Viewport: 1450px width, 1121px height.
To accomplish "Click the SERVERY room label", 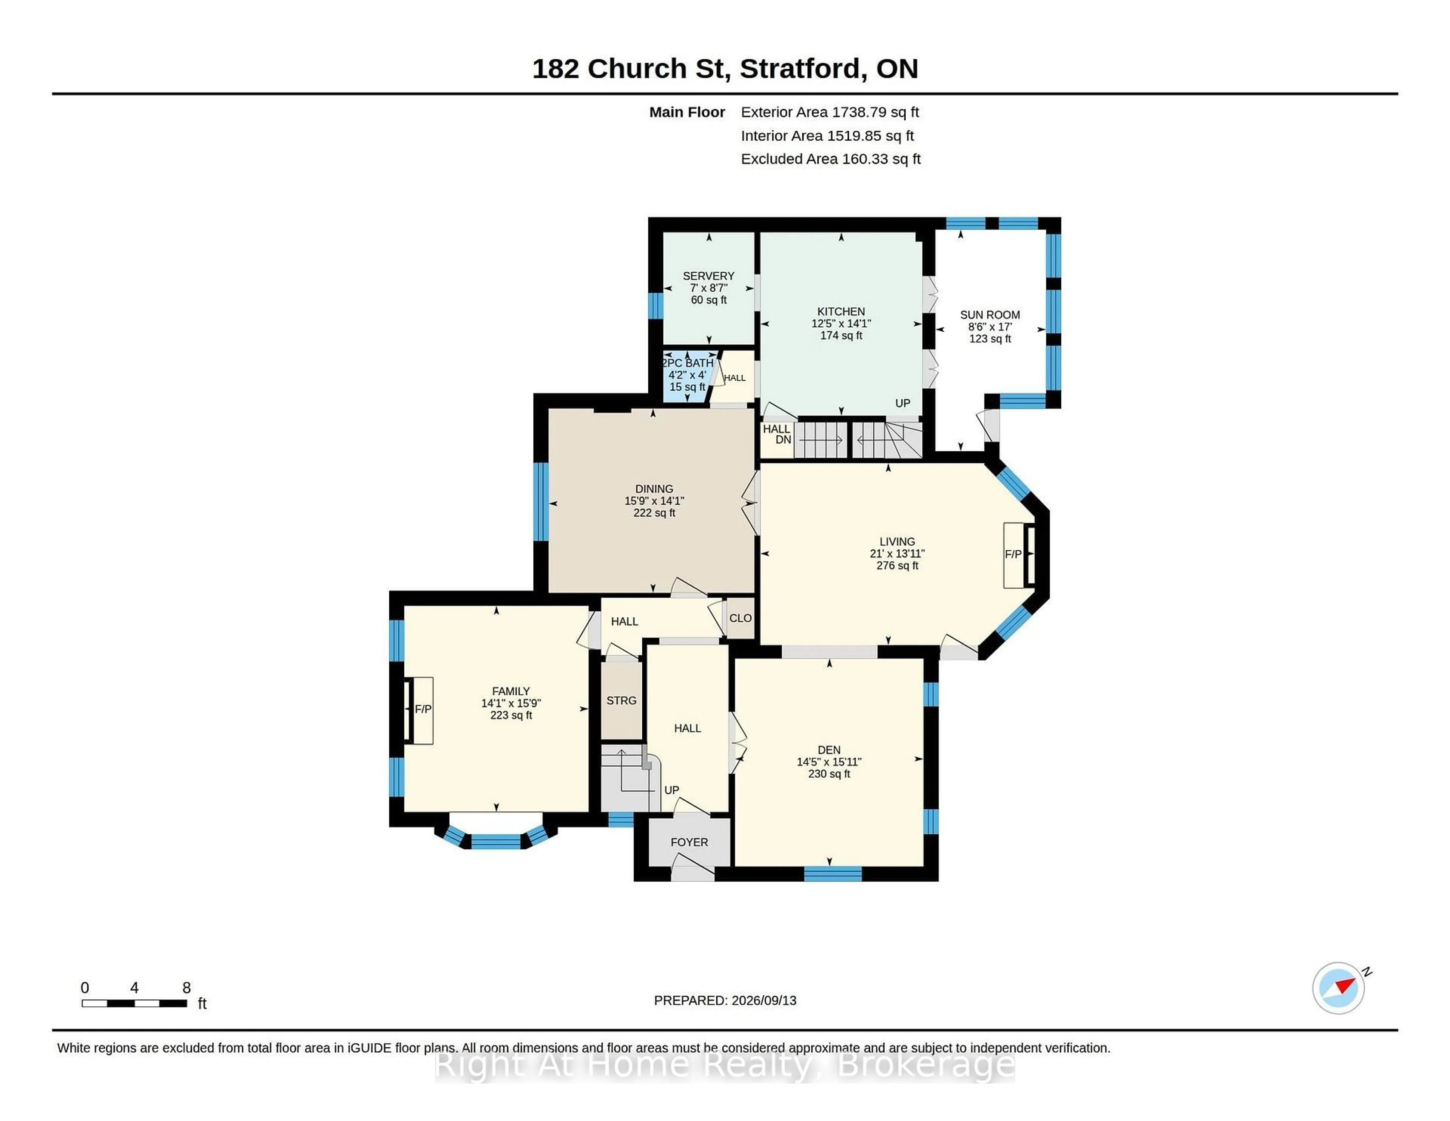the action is pos(708,276).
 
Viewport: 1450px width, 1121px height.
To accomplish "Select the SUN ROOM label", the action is pos(990,315).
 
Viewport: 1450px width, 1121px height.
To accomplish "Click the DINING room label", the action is pos(654,489).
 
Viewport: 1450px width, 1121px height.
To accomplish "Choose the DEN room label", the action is pos(829,750).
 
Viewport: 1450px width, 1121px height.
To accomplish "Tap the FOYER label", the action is pos(689,842).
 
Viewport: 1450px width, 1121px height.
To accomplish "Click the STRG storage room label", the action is pos(622,701).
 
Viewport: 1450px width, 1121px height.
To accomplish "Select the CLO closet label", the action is pos(740,618).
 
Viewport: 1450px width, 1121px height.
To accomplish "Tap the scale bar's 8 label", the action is pos(187,988).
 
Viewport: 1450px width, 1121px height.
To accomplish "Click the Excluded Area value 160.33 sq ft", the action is pos(881,159).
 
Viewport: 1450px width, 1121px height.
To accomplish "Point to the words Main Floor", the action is pos(687,112).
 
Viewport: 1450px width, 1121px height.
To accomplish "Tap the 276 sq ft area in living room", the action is pos(898,566).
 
